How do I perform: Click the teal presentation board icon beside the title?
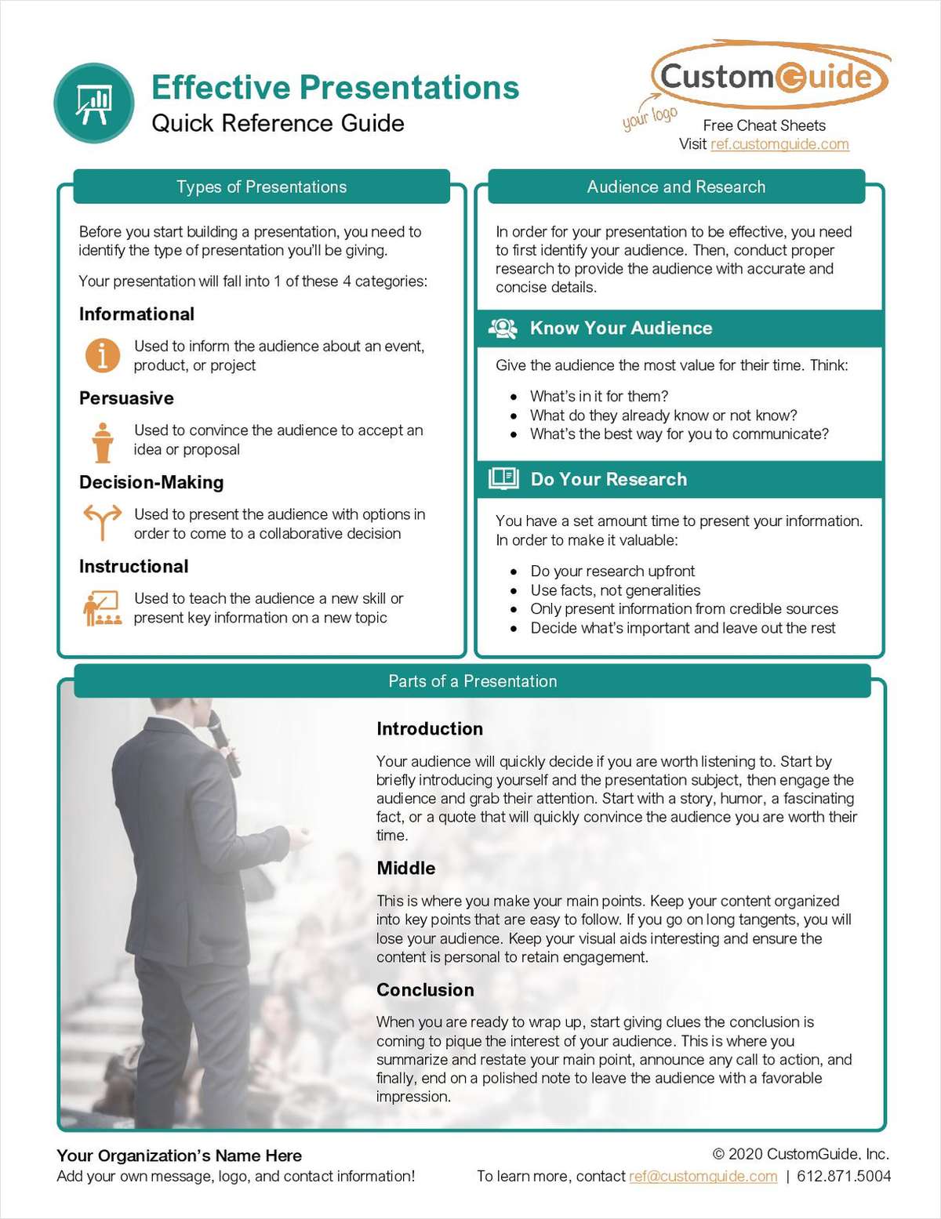(x=94, y=103)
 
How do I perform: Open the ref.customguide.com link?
(x=779, y=144)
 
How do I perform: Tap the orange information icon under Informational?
(x=102, y=355)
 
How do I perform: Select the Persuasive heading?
(x=126, y=398)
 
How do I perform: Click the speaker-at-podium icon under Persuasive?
(x=102, y=442)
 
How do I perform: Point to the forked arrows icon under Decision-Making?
(x=102, y=521)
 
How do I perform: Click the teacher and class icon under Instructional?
(x=102, y=608)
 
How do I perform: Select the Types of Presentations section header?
(x=261, y=187)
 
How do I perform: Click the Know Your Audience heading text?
(x=621, y=328)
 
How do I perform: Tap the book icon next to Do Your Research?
(x=503, y=478)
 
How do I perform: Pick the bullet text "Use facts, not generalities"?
(x=616, y=590)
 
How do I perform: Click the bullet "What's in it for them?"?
(x=599, y=397)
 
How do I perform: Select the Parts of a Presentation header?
(x=472, y=681)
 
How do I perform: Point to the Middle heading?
(x=405, y=869)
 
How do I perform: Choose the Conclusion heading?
(x=425, y=990)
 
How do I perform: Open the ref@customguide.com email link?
(x=703, y=1176)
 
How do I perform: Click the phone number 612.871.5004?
(x=844, y=1176)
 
